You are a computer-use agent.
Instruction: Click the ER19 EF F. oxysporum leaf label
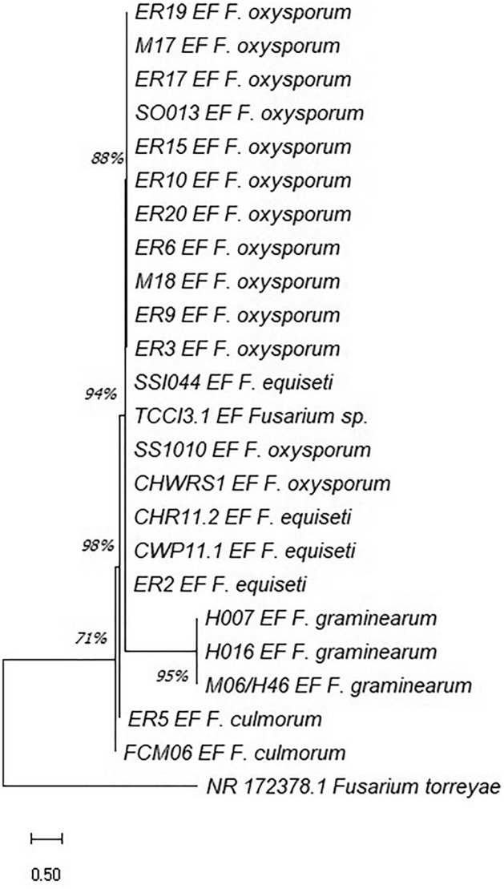[x=241, y=14]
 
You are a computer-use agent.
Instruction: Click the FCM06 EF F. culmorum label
[x=236, y=753]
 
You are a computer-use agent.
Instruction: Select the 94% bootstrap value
[x=101, y=393]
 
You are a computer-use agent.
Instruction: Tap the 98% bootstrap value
[x=100, y=546]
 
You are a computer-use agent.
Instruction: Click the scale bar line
[x=46, y=838]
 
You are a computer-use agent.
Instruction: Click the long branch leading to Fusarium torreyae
[x=96, y=786]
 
